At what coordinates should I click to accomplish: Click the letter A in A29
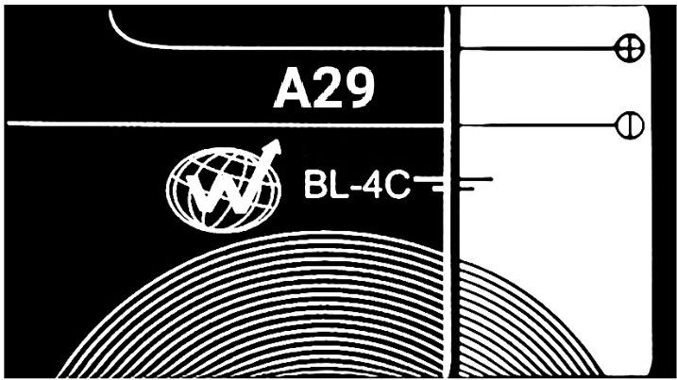pyautogui.click(x=293, y=89)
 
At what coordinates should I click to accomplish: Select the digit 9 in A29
pyautogui.click(x=359, y=89)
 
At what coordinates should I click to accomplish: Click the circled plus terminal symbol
pyautogui.click(x=630, y=47)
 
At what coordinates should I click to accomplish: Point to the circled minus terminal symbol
pyautogui.click(x=630, y=125)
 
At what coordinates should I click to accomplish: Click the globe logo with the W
pyautogui.click(x=224, y=188)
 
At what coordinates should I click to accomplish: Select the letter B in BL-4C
pyautogui.click(x=313, y=185)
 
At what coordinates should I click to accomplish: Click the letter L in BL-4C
pyautogui.click(x=337, y=185)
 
